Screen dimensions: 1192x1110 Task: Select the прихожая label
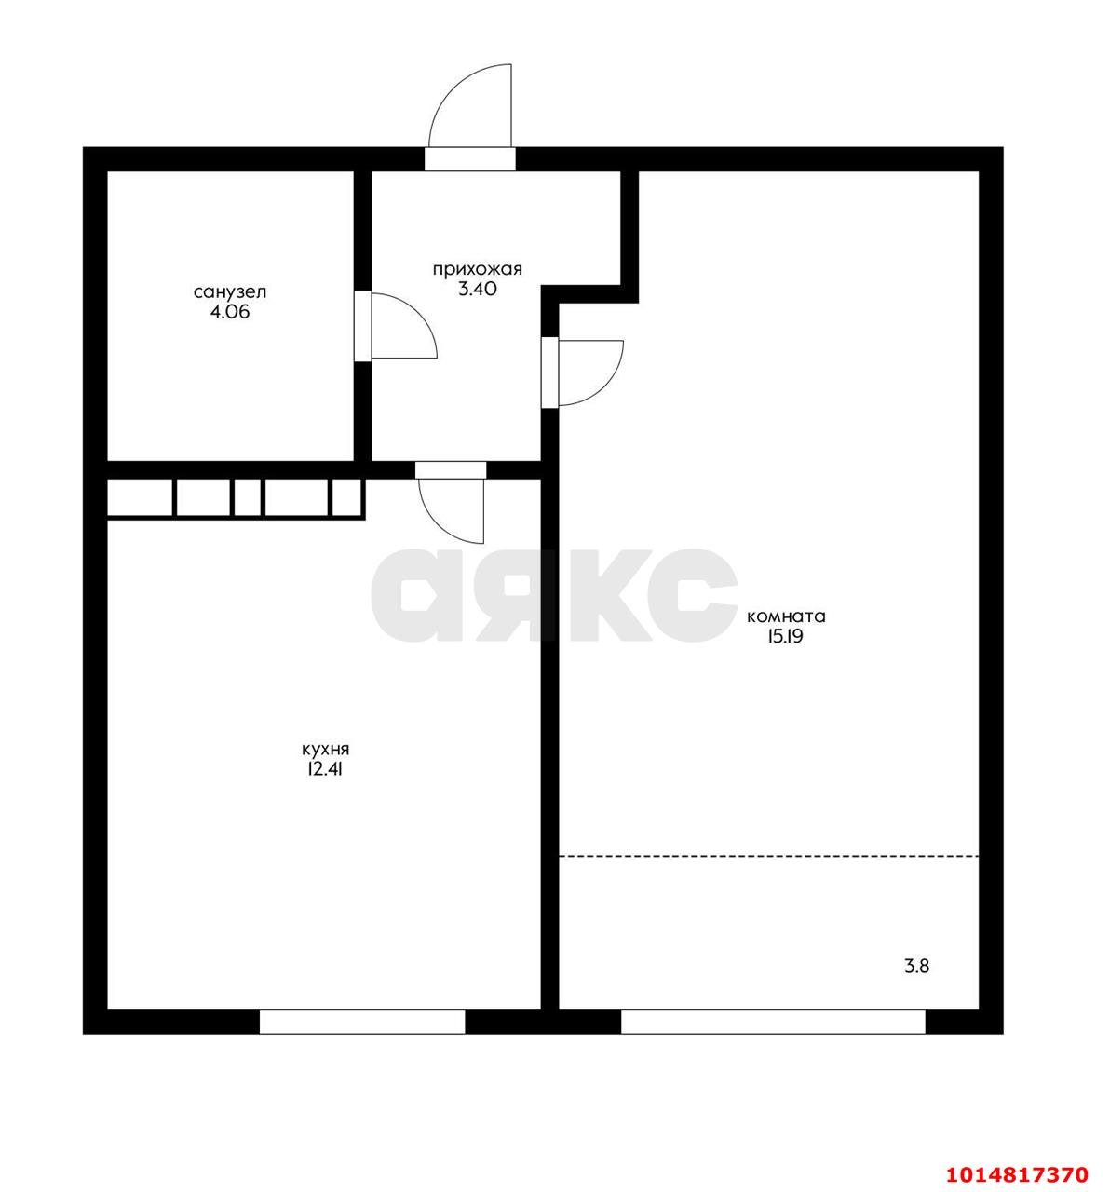476,269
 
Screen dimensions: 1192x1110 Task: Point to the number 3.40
477,289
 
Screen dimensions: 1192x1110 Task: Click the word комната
786,616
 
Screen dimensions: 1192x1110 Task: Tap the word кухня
325,748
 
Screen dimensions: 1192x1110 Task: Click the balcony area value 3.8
916,966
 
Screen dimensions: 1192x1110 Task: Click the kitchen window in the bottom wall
361,1022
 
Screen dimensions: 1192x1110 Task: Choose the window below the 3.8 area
773,1022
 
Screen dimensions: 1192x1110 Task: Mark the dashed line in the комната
768,856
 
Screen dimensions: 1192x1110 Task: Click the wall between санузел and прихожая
362,233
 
